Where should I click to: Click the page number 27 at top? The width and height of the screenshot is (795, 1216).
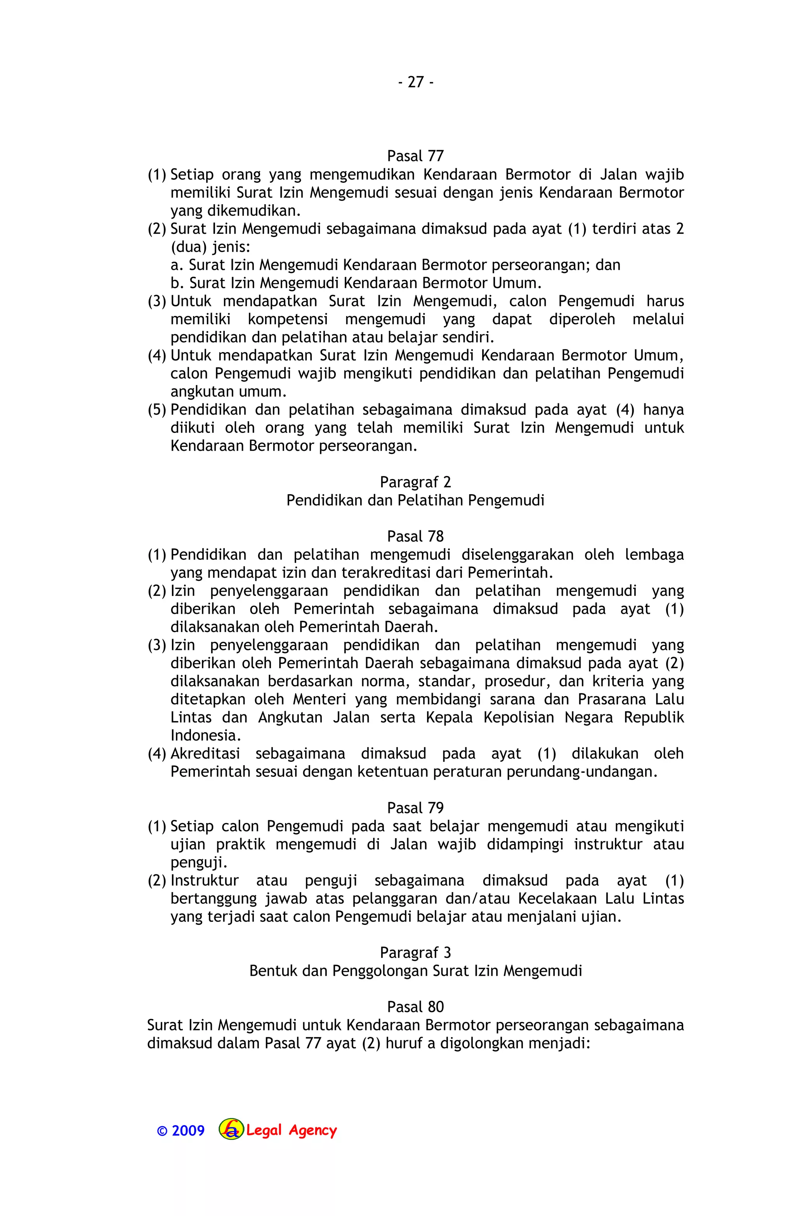click(x=415, y=82)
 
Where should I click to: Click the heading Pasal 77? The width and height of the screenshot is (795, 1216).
click(x=415, y=156)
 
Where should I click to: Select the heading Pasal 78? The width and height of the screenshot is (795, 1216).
click(x=415, y=537)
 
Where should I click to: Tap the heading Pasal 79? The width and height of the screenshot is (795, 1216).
click(x=415, y=808)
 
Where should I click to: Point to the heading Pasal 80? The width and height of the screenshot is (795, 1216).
click(x=415, y=1007)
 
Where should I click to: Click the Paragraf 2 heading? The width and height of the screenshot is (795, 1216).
click(x=415, y=482)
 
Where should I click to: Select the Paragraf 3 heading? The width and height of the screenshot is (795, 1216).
click(x=415, y=952)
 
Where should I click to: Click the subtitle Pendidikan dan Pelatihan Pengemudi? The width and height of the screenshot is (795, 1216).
click(x=415, y=500)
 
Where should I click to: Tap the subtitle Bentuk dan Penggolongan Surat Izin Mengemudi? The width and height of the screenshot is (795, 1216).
click(x=415, y=971)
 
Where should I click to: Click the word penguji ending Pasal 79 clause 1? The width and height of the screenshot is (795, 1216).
click(x=197, y=863)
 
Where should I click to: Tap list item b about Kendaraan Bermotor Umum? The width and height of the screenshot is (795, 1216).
click(x=356, y=283)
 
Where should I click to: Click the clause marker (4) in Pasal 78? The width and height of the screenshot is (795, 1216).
click(x=157, y=754)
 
